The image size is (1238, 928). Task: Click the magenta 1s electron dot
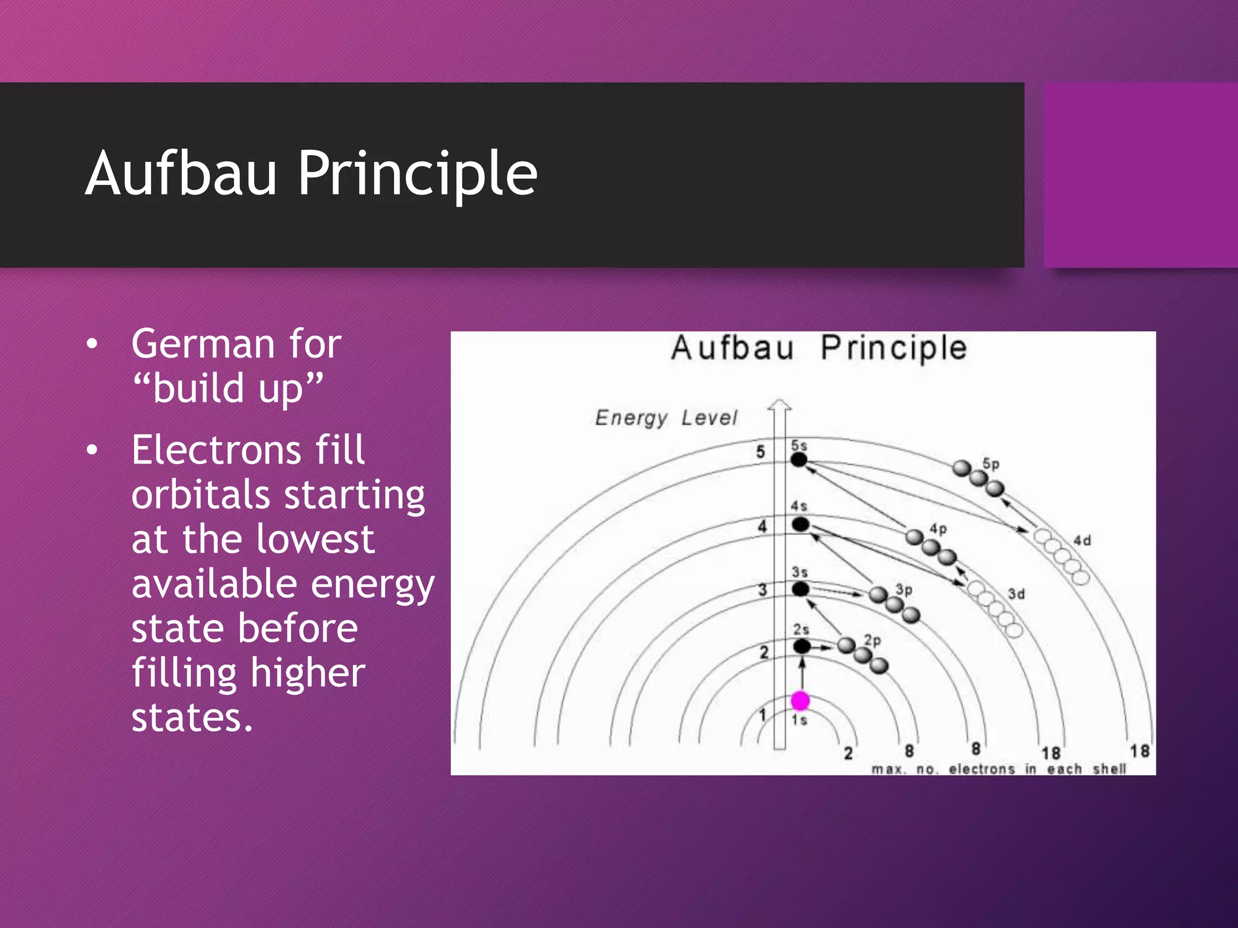(x=800, y=701)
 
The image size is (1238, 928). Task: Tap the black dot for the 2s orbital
(x=802, y=646)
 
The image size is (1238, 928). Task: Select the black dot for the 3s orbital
(x=801, y=588)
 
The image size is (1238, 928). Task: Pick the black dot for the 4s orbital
(x=800, y=524)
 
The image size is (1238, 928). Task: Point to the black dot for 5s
(x=799, y=460)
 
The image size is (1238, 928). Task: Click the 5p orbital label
(x=991, y=464)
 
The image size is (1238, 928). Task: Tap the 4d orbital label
(x=1082, y=540)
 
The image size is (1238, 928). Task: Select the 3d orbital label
(x=1016, y=594)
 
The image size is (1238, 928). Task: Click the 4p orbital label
(x=938, y=529)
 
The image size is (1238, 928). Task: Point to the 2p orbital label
(x=872, y=640)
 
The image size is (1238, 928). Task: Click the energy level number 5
(x=760, y=451)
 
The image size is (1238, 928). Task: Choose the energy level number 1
(x=763, y=715)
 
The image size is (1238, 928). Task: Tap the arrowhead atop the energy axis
(x=780, y=405)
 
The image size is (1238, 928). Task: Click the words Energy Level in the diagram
(x=666, y=417)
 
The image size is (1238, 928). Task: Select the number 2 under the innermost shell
(x=849, y=753)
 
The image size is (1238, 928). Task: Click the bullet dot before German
(x=92, y=344)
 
